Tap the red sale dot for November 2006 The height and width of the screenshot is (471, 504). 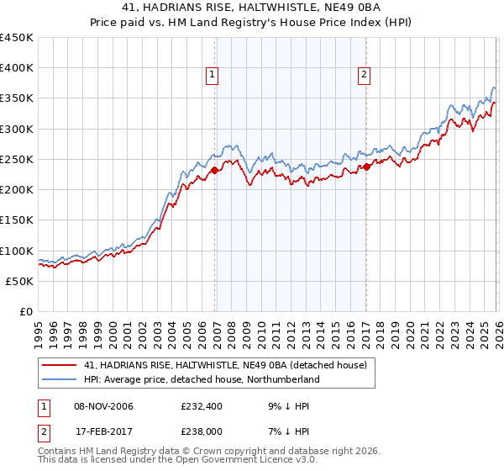(214, 170)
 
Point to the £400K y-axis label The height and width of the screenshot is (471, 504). (17, 68)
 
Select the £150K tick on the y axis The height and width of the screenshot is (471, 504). (17, 220)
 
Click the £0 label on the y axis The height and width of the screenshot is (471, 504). (26, 311)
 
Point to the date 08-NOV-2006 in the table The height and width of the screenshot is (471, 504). (103, 406)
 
